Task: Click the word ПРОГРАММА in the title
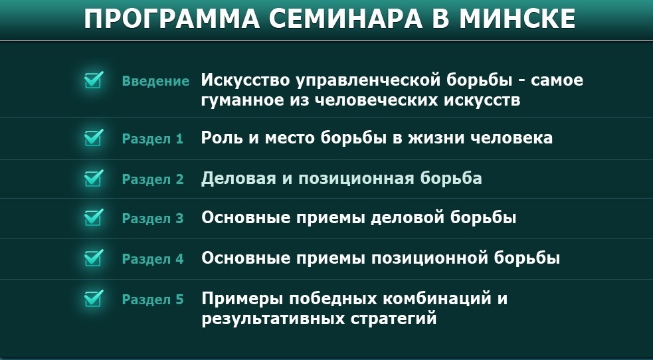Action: (172, 19)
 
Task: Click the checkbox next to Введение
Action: (94, 80)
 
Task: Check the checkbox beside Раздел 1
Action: (94, 137)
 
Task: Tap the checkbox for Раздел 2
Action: (94, 178)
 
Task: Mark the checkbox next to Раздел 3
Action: (94, 217)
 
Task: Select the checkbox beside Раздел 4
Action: (94, 258)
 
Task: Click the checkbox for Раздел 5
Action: (94, 298)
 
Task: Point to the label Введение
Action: (155, 81)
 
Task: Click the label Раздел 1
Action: (152, 139)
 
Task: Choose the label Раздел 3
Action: (152, 219)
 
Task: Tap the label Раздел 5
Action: (152, 300)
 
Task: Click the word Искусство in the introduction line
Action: (246, 80)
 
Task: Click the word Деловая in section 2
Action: (238, 178)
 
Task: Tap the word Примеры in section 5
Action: (242, 299)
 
